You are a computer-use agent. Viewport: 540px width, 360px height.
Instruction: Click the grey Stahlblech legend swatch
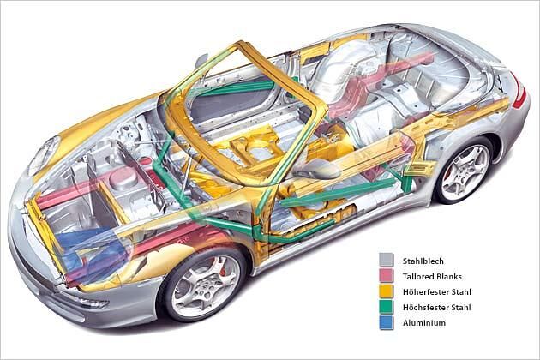[386, 260]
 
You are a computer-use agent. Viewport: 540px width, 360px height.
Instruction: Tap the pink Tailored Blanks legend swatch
[386, 276]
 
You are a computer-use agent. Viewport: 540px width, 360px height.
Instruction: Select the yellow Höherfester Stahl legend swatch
[386, 291]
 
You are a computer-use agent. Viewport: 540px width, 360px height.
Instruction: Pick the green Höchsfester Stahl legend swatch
[386, 307]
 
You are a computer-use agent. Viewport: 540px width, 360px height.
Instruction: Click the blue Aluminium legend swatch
[386, 322]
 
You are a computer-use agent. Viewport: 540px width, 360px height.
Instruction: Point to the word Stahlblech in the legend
[423, 261]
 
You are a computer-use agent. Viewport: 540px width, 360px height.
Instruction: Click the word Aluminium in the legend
[424, 323]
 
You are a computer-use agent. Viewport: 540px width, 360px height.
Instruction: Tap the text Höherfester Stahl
[436, 291]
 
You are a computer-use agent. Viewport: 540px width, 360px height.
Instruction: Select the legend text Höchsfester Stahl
[436, 308]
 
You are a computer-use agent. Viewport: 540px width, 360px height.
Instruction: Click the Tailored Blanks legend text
[432, 276]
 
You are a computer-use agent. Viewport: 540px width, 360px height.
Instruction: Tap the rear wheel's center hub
[466, 171]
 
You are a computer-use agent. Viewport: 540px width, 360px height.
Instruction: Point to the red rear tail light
[520, 91]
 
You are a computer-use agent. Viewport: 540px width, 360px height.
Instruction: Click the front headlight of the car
[43, 154]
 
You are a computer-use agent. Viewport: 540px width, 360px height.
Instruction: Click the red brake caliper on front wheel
[222, 267]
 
